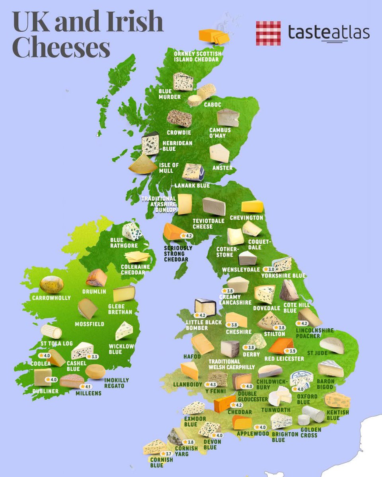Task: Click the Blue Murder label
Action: pos(170,94)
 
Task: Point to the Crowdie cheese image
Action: pos(179,118)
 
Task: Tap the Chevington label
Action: pos(252,217)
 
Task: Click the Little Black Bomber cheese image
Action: pos(205,307)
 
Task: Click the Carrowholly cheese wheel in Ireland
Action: pos(52,285)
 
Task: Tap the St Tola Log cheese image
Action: pos(51,331)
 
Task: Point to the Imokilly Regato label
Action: pos(116,383)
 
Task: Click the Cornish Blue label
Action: pos(162,462)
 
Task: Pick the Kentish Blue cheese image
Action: pos(337,400)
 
